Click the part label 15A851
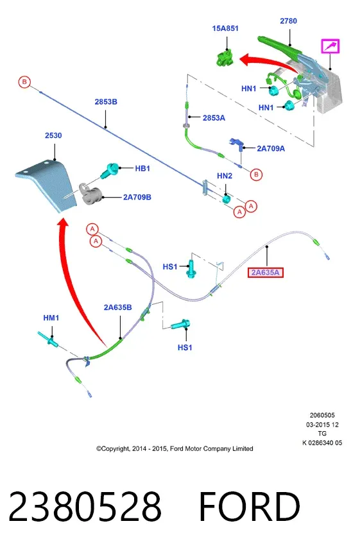pyautogui.click(x=225, y=28)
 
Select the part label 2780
pyautogui.click(x=288, y=21)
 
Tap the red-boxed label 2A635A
pyautogui.click(x=266, y=272)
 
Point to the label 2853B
pyautogui.click(x=106, y=101)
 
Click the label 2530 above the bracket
pyautogui.click(x=53, y=135)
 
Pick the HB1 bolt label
pyautogui.click(x=142, y=169)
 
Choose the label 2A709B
pyautogui.click(x=137, y=197)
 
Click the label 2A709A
pyautogui.click(x=271, y=148)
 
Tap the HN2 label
pyautogui.click(x=225, y=176)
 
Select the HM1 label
pyautogui.click(x=51, y=318)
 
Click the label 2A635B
pyautogui.click(x=118, y=307)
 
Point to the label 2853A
pyautogui.click(x=214, y=118)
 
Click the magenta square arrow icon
pyautogui.click(x=330, y=46)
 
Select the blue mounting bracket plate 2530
pyautogui.click(x=47, y=183)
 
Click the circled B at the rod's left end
pyautogui.click(x=24, y=82)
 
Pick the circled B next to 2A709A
pyautogui.click(x=256, y=174)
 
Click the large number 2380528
pyautogui.click(x=85, y=506)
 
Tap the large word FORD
pyautogui.click(x=250, y=506)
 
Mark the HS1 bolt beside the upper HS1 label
pyautogui.click(x=191, y=269)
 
